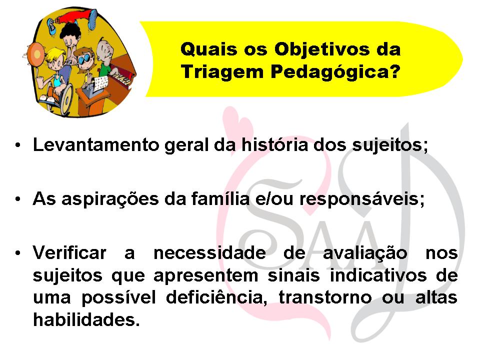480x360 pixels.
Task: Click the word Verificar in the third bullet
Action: [69, 252]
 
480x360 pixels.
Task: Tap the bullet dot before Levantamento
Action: [18, 146]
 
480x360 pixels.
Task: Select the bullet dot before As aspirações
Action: [18, 199]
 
